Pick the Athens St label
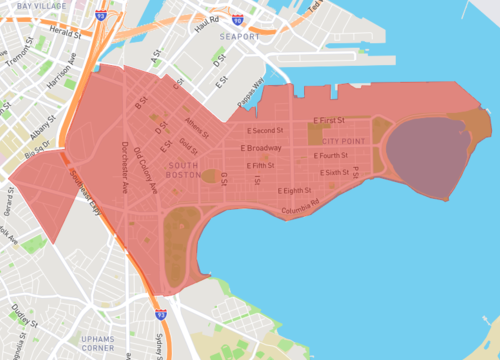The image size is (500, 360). pyautogui.click(x=196, y=126)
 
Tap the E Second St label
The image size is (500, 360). pyautogui.click(x=264, y=131)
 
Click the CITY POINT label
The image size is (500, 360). pyautogui.click(x=342, y=142)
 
